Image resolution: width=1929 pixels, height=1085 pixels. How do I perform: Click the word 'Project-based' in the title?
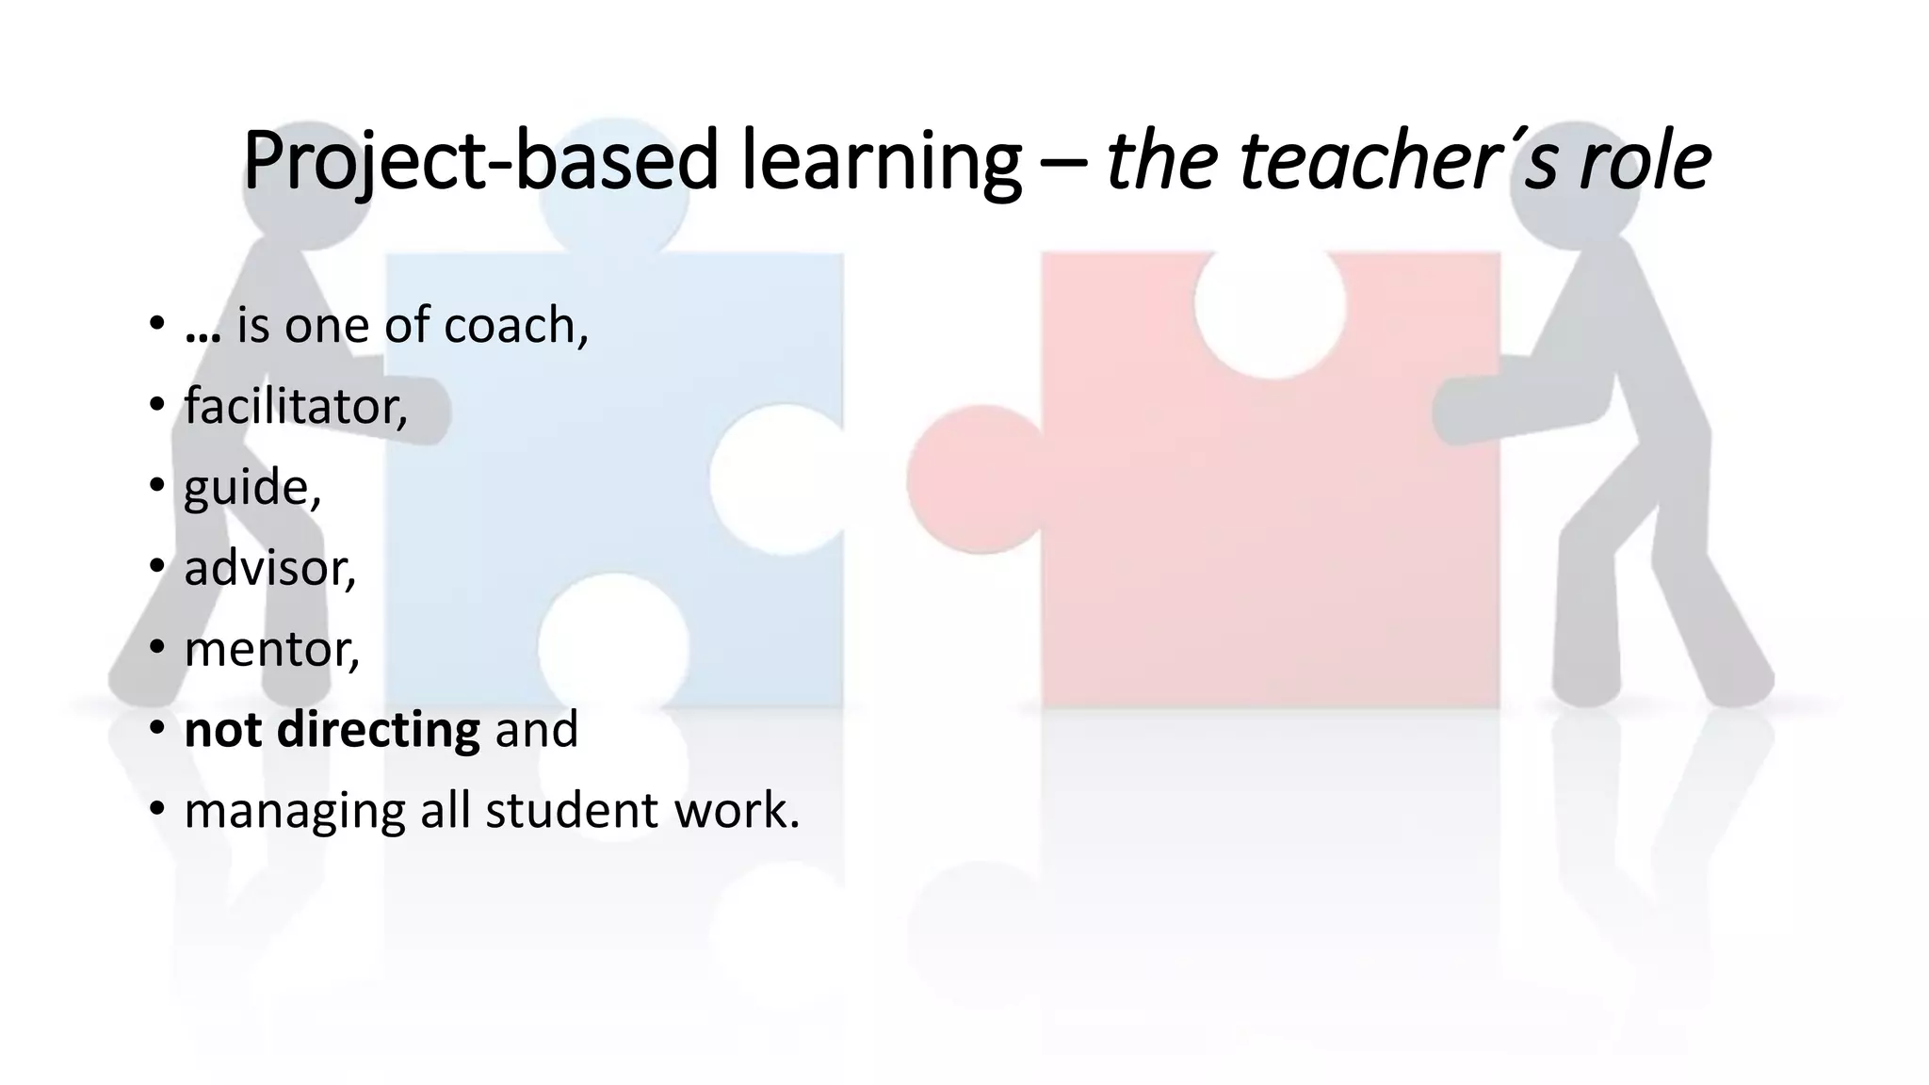point(480,160)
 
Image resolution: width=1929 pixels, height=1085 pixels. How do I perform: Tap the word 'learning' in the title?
point(882,160)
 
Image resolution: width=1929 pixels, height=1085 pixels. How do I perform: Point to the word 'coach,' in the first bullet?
point(516,326)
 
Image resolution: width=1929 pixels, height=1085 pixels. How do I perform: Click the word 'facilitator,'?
point(296,407)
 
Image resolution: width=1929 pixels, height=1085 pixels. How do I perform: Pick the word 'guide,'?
point(252,488)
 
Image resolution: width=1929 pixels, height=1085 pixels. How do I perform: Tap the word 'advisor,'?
point(270,569)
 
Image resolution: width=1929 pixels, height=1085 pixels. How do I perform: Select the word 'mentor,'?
point(272,650)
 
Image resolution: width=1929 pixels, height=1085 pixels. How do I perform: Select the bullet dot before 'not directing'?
point(157,728)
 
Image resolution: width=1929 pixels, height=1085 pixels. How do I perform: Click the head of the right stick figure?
point(1580,179)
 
